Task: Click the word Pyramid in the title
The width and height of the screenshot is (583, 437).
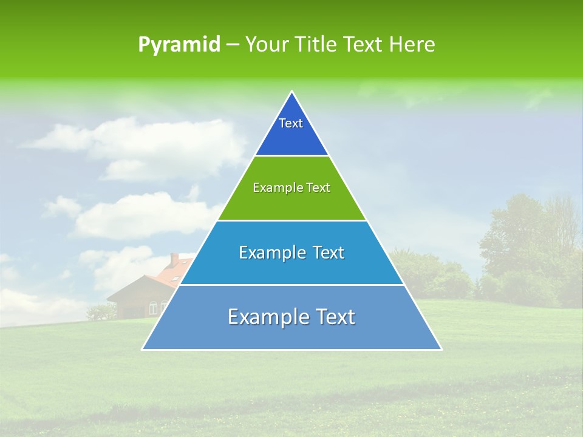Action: coord(179,45)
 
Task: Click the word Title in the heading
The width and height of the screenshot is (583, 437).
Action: coord(315,45)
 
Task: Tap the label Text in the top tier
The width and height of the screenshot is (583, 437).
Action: coord(291,123)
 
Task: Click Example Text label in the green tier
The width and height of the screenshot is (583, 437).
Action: coord(291,188)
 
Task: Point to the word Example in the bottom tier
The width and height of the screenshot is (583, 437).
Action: coord(265,317)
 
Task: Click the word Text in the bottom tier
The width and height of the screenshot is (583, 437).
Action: coord(332,317)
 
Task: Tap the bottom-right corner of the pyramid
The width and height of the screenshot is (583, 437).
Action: coord(441,348)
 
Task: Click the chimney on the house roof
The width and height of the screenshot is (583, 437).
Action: coord(174,260)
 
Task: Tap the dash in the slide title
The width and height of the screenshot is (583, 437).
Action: coord(233,45)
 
